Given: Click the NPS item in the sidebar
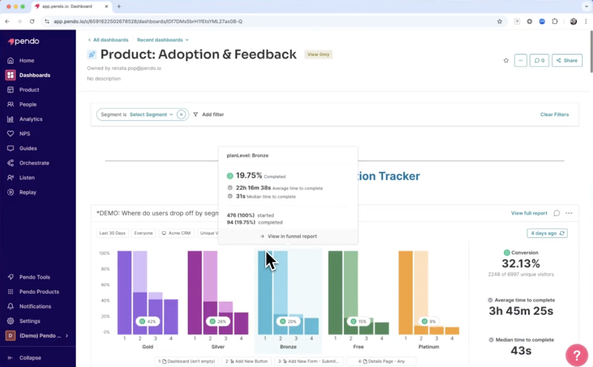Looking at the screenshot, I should click(24, 134).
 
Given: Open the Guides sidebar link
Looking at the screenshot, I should click(28, 148).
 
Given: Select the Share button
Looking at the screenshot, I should click(567, 61).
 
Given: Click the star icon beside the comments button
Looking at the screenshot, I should click(506, 61).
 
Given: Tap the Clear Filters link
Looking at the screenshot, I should click(554, 115).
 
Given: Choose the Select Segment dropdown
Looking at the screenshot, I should click(151, 115).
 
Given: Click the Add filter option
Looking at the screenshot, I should click(209, 115).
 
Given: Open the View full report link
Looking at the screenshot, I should click(529, 213).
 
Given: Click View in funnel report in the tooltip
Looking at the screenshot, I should click(288, 236).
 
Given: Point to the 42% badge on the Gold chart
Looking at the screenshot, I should click(148, 321).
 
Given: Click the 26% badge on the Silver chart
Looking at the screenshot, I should click(218, 321).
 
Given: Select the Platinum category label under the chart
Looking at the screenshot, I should click(428, 347).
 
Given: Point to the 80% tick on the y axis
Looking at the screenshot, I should click(105, 269).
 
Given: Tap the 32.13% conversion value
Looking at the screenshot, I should click(521, 264).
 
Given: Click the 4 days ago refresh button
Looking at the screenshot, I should click(547, 233).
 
